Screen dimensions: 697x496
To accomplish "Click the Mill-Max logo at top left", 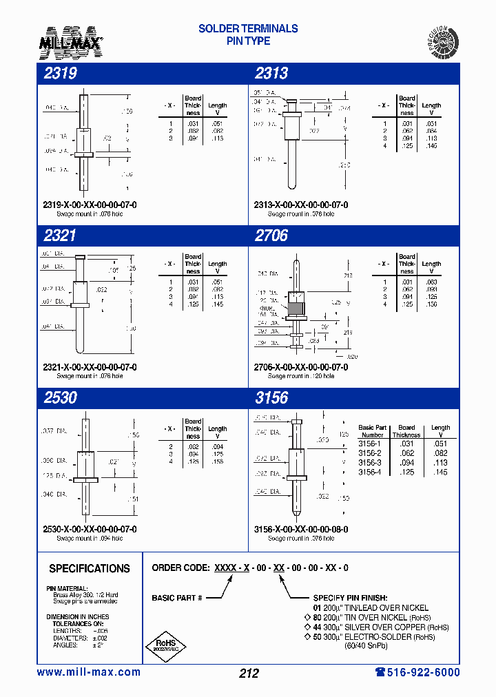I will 70,41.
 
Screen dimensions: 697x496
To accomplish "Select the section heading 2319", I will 60,74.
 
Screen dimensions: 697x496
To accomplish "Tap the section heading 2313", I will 271,74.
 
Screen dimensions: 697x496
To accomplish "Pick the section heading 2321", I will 60,236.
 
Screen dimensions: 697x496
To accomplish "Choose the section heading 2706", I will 271,236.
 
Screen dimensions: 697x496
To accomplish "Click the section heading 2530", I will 60,397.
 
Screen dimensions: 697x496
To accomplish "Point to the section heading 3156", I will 271,397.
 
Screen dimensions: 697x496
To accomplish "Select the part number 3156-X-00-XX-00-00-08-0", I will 301,529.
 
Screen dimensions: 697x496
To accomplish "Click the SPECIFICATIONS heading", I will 90,569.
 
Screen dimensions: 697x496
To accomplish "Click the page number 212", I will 248,673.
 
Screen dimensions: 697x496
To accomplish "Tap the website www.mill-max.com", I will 88,672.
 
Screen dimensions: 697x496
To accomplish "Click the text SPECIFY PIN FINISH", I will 350,598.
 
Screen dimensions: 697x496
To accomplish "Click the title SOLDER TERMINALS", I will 248,29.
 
